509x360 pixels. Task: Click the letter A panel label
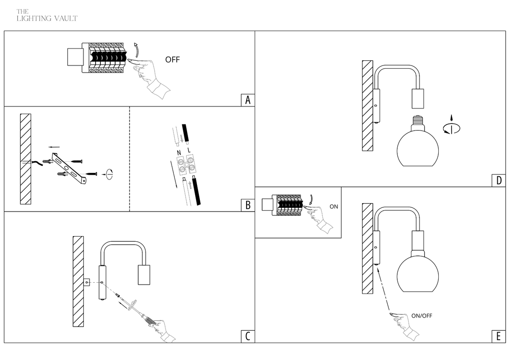tap(248, 100)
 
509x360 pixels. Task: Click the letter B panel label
tap(248, 205)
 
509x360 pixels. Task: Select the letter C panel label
tap(248, 336)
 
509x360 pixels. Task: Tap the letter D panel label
tap(499, 180)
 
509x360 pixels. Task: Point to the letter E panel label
tap(499, 336)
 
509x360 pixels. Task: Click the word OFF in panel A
tap(172, 60)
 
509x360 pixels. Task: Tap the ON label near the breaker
tap(334, 206)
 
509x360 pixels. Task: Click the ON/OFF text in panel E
tap(421, 316)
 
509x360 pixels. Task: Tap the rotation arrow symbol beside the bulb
tap(451, 126)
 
